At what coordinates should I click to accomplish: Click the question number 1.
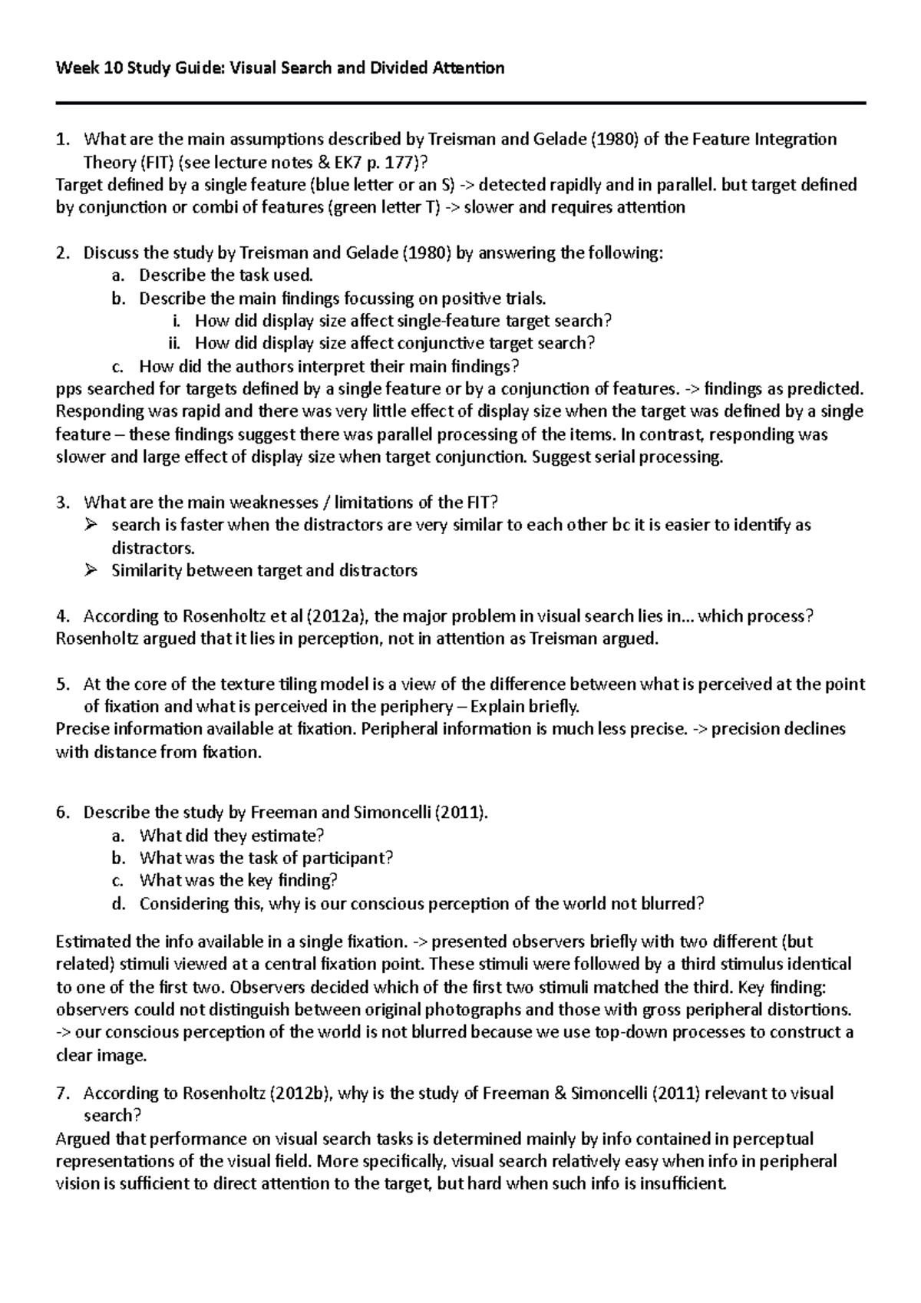click(61, 140)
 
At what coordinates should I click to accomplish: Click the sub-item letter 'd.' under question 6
click(117, 904)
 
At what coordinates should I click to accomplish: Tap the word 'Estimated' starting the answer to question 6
click(92, 942)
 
